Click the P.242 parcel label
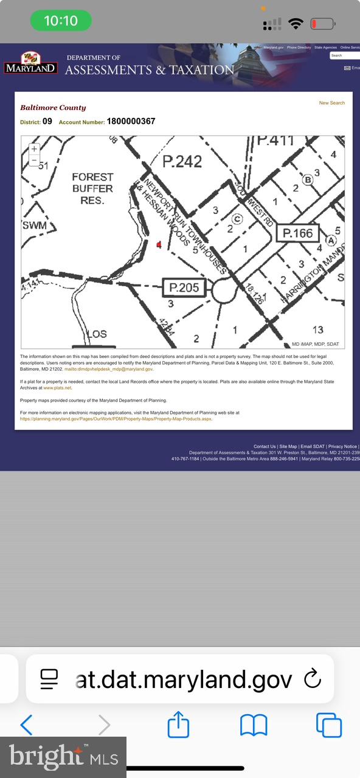coord(182,160)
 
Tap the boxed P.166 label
coord(298,233)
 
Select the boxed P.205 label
coord(184,287)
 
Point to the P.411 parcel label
coord(275,140)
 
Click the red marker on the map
coord(159,244)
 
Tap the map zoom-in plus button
coord(34,149)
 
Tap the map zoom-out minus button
coord(34,160)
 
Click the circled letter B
coord(308,179)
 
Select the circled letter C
coord(238,219)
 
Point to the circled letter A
coord(331,240)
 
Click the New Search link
coord(331,103)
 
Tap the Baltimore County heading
coord(53,108)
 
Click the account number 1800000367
coord(131,121)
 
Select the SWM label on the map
coord(34,225)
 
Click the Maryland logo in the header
coord(31,63)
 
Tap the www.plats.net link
coord(57,387)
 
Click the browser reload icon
coord(312,678)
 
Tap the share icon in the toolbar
coord(178,725)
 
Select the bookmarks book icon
coord(254,725)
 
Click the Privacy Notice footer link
coord(342,446)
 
